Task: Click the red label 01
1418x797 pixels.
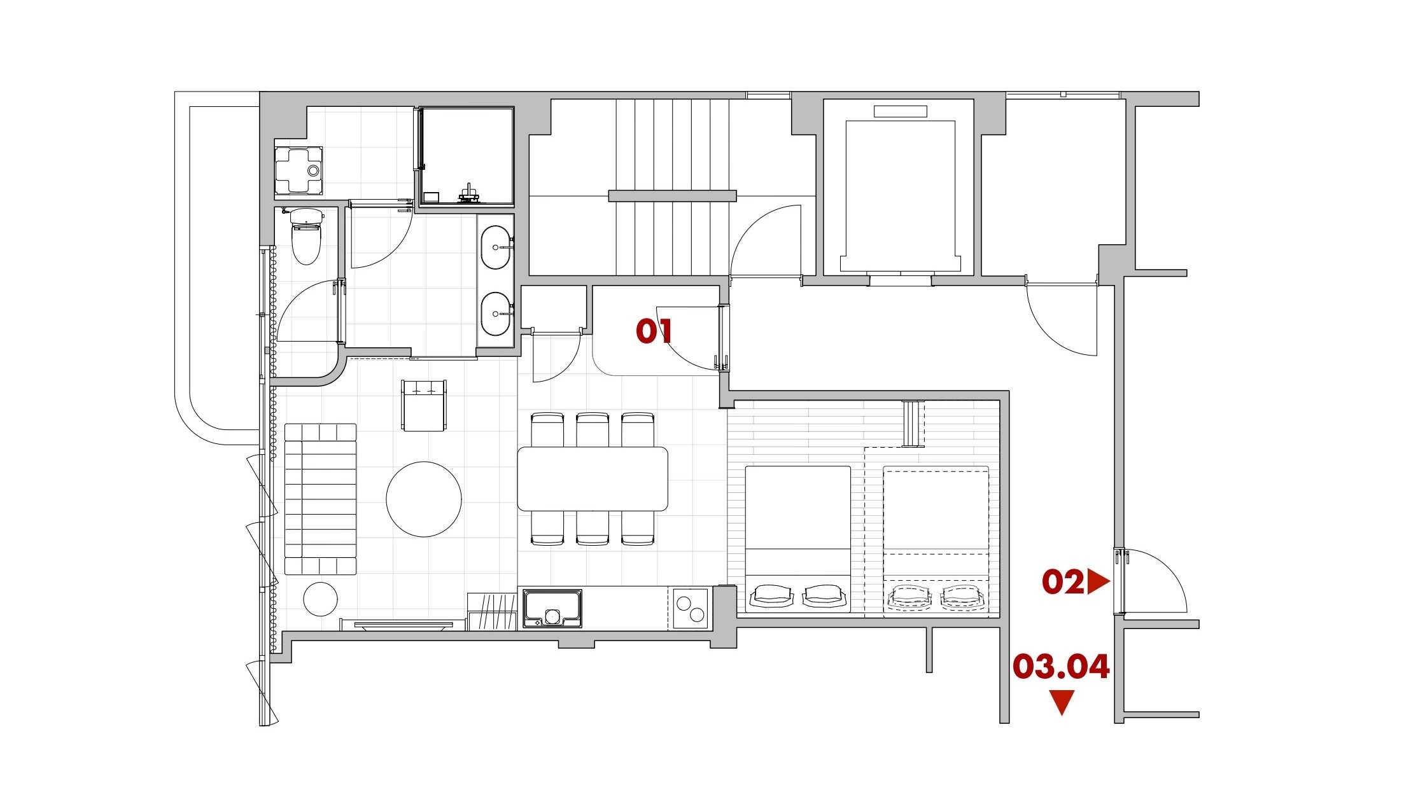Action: coord(654,331)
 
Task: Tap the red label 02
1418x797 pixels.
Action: coord(1062,582)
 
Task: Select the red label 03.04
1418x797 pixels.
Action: coord(1061,666)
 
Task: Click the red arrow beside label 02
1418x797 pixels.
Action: coord(1098,582)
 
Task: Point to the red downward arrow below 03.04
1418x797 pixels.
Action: coord(1062,702)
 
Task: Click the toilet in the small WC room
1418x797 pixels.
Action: coord(306,236)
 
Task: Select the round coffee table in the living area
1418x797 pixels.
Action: coord(424,499)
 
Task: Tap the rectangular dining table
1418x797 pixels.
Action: coord(593,478)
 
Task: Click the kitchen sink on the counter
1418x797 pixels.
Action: coord(552,609)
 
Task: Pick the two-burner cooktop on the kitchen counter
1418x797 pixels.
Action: coord(690,608)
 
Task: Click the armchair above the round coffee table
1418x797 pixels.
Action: coord(424,405)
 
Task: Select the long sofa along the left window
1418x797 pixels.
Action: coord(320,499)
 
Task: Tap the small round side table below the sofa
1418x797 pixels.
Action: coord(320,599)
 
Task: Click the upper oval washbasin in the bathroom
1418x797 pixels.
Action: coord(496,247)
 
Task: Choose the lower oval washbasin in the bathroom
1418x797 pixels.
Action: coord(496,314)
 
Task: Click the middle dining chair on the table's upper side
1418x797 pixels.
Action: coord(593,430)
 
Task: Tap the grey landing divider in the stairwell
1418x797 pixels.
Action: coord(672,196)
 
